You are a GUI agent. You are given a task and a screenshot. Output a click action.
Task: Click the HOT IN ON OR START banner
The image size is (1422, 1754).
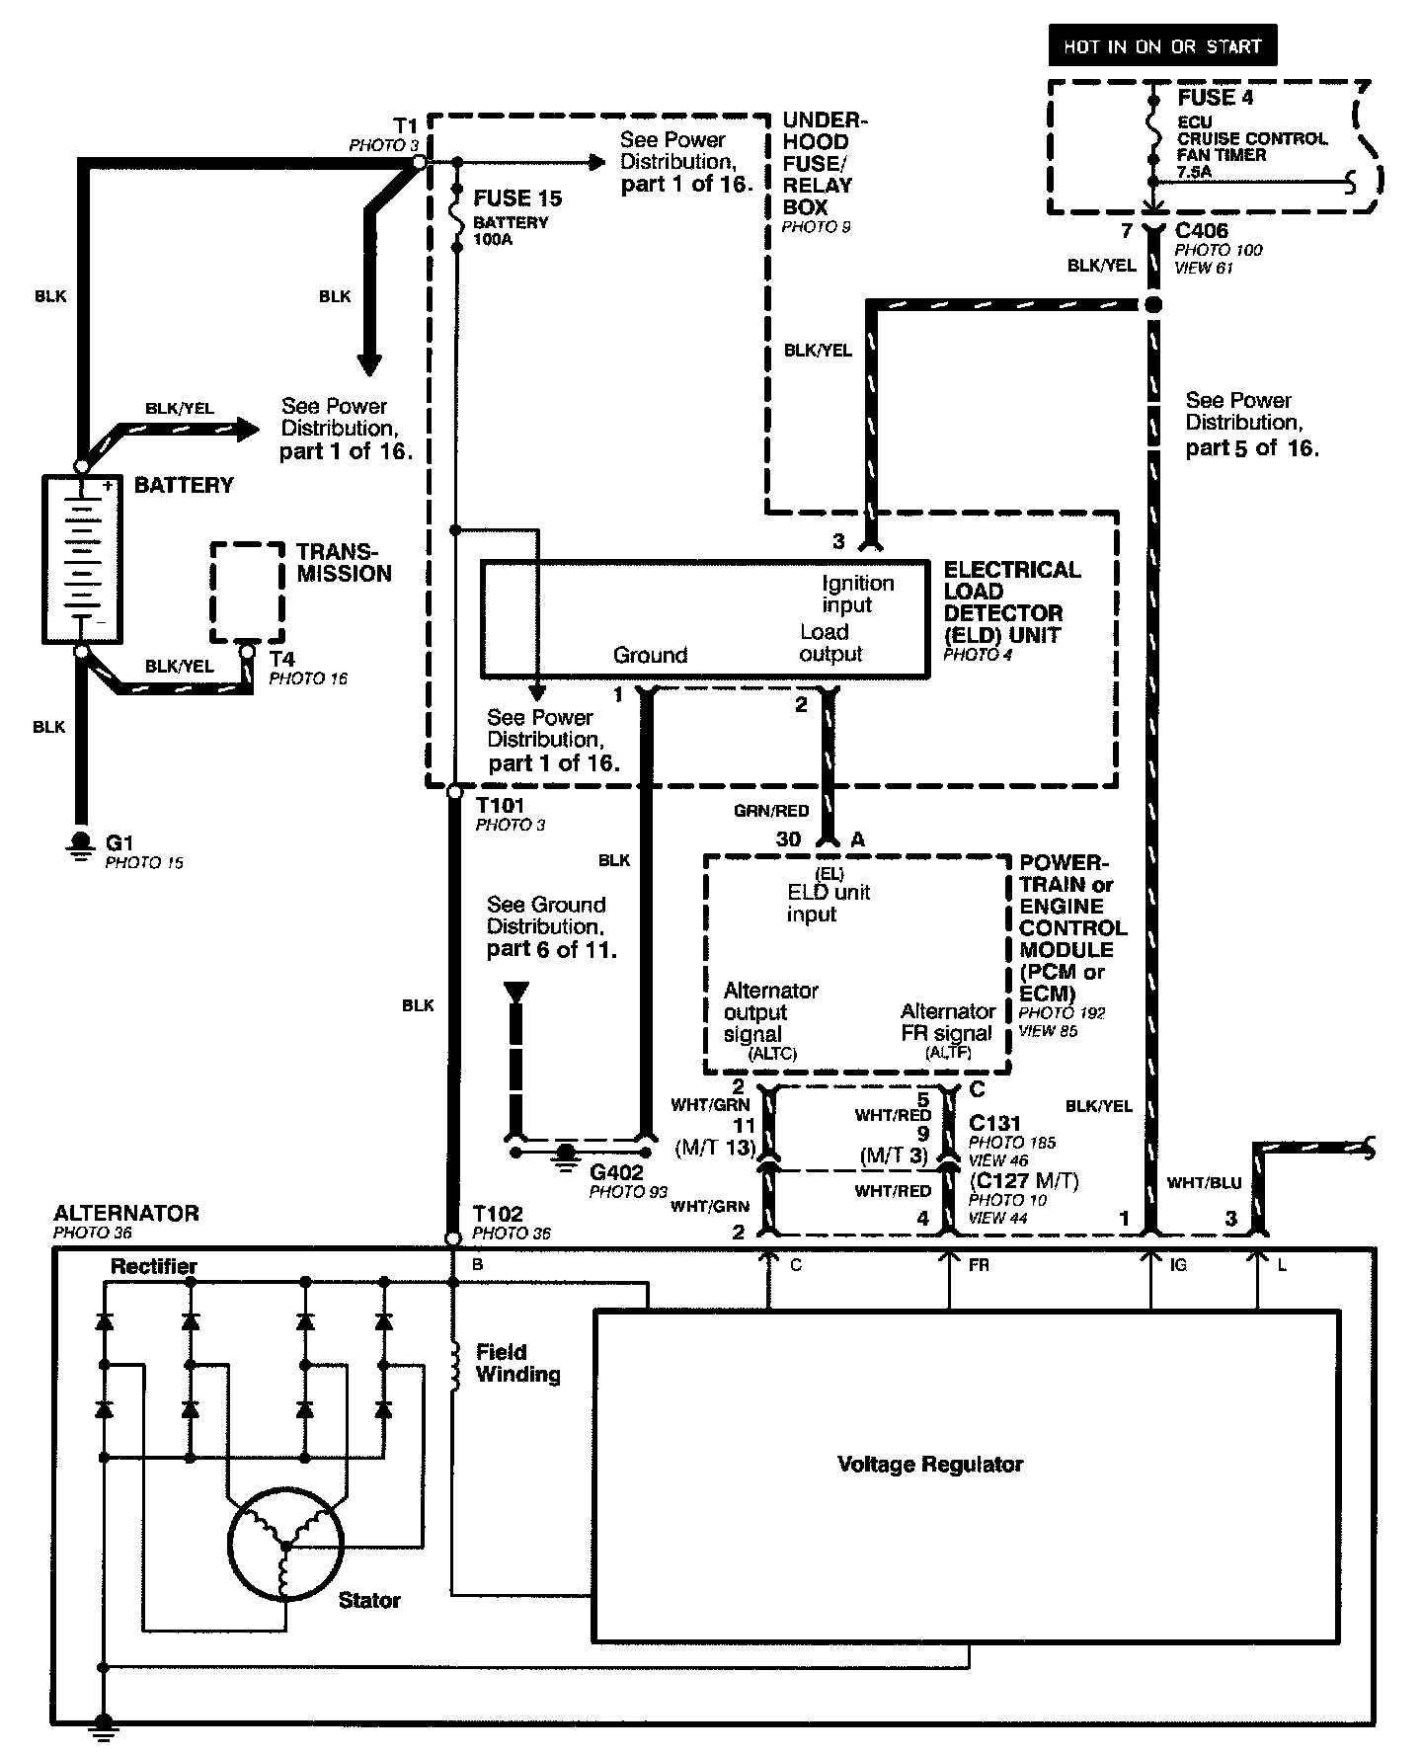(x=1162, y=46)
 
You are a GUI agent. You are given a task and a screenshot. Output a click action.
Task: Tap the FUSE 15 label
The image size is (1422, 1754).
(x=516, y=199)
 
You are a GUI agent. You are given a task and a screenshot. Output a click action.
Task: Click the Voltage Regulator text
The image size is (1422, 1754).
(x=930, y=1464)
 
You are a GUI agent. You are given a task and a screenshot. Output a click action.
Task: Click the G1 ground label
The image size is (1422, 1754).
(x=119, y=842)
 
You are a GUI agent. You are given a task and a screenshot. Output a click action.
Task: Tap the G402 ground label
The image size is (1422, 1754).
(x=616, y=1172)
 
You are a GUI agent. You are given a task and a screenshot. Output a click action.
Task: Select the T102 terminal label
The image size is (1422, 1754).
(x=498, y=1214)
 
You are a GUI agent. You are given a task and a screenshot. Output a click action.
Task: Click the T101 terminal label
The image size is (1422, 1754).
(x=500, y=806)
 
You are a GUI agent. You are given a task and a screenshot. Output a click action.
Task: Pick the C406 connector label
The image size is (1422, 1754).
(x=1202, y=231)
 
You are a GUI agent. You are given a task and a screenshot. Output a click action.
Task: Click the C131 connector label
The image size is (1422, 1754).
(x=995, y=1123)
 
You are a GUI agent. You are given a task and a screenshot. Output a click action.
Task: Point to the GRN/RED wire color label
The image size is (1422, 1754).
(x=771, y=811)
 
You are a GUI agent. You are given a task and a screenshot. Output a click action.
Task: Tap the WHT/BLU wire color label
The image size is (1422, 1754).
(x=1204, y=1182)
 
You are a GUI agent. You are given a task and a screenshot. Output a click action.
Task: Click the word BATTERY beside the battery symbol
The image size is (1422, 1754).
(x=184, y=485)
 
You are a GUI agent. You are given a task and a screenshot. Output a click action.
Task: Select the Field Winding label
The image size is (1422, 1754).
(x=517, y=1363)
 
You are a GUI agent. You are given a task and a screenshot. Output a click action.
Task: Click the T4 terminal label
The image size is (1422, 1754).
(x=281, y=659)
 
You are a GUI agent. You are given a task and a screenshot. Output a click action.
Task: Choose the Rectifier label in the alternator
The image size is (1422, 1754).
(x=154, y=1266)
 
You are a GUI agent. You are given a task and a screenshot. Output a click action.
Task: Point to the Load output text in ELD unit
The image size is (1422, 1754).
(x=830, y=643)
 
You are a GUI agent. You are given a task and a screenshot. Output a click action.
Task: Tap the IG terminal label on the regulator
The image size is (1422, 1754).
(x=1177, y=1265)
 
